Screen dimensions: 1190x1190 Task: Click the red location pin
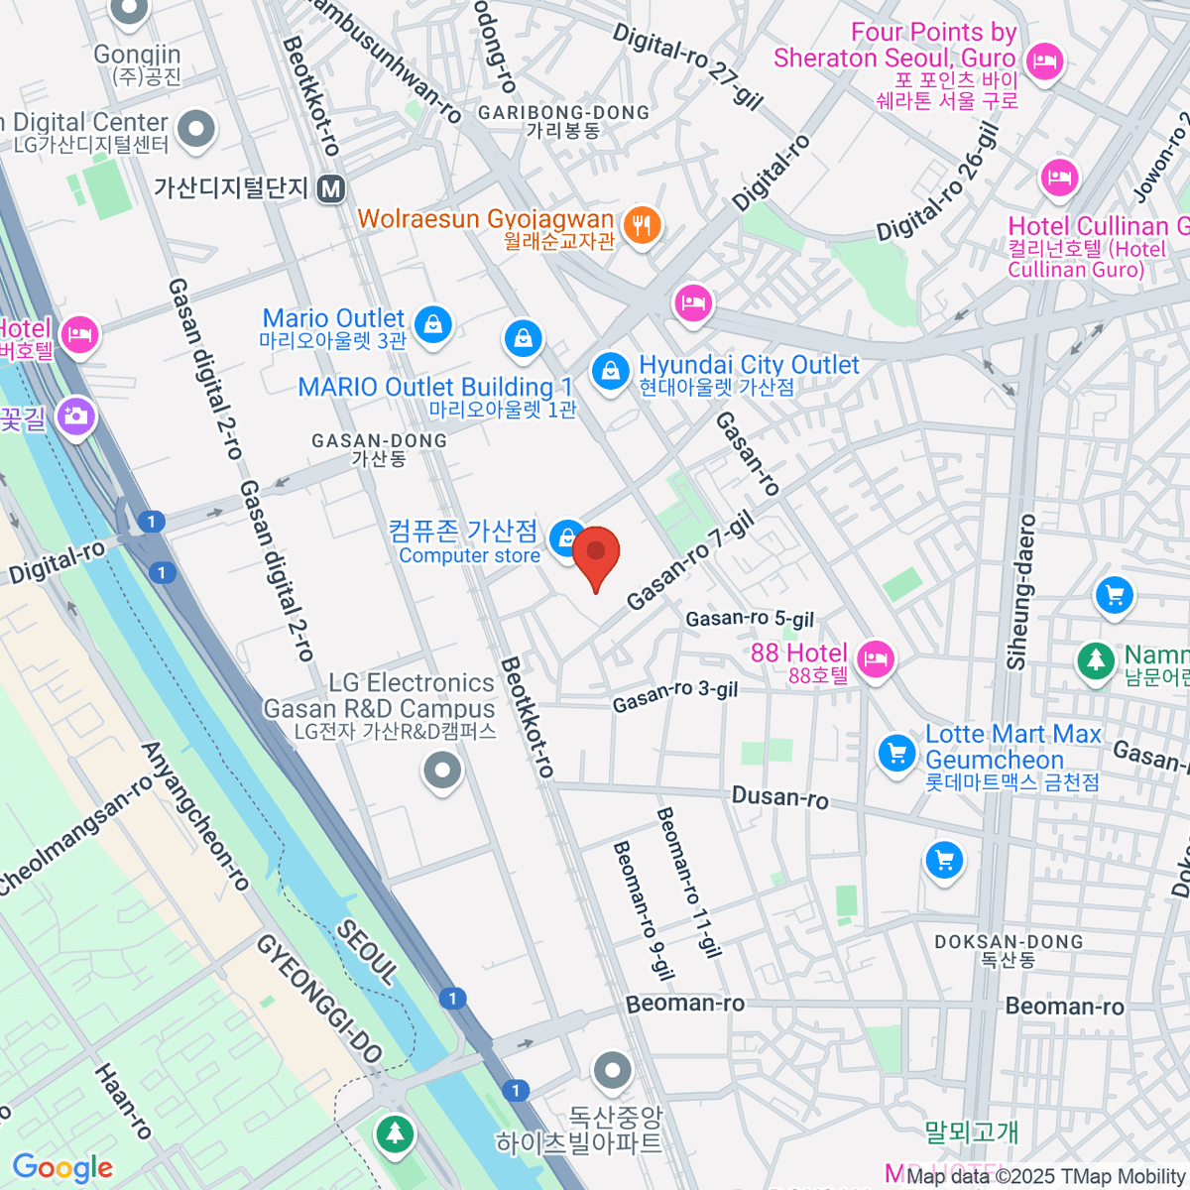click(596, 555)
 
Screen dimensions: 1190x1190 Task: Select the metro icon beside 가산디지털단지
click(332, 188)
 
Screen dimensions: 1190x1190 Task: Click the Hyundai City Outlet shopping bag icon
click(610, 372)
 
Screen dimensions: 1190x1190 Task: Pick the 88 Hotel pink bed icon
click(875, 658)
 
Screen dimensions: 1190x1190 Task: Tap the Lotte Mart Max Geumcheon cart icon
click(896, 753)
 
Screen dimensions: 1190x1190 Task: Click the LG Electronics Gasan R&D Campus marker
click(442, 770)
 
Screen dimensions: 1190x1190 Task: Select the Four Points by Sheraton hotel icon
click(1043, 61)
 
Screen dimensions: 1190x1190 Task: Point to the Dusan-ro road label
click(779, 797)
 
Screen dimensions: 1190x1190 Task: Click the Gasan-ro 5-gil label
click(750, 619)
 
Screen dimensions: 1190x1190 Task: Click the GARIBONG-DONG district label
click(563, 113)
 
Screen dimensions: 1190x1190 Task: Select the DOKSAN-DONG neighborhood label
click(1009, 942)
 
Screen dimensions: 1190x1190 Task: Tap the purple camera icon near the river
click(75, 416)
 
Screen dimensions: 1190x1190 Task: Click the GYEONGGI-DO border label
click(319, 998)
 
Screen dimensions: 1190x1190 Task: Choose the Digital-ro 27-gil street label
click(687, 65)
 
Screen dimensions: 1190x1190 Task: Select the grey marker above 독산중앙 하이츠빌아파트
click(612, 1071)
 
